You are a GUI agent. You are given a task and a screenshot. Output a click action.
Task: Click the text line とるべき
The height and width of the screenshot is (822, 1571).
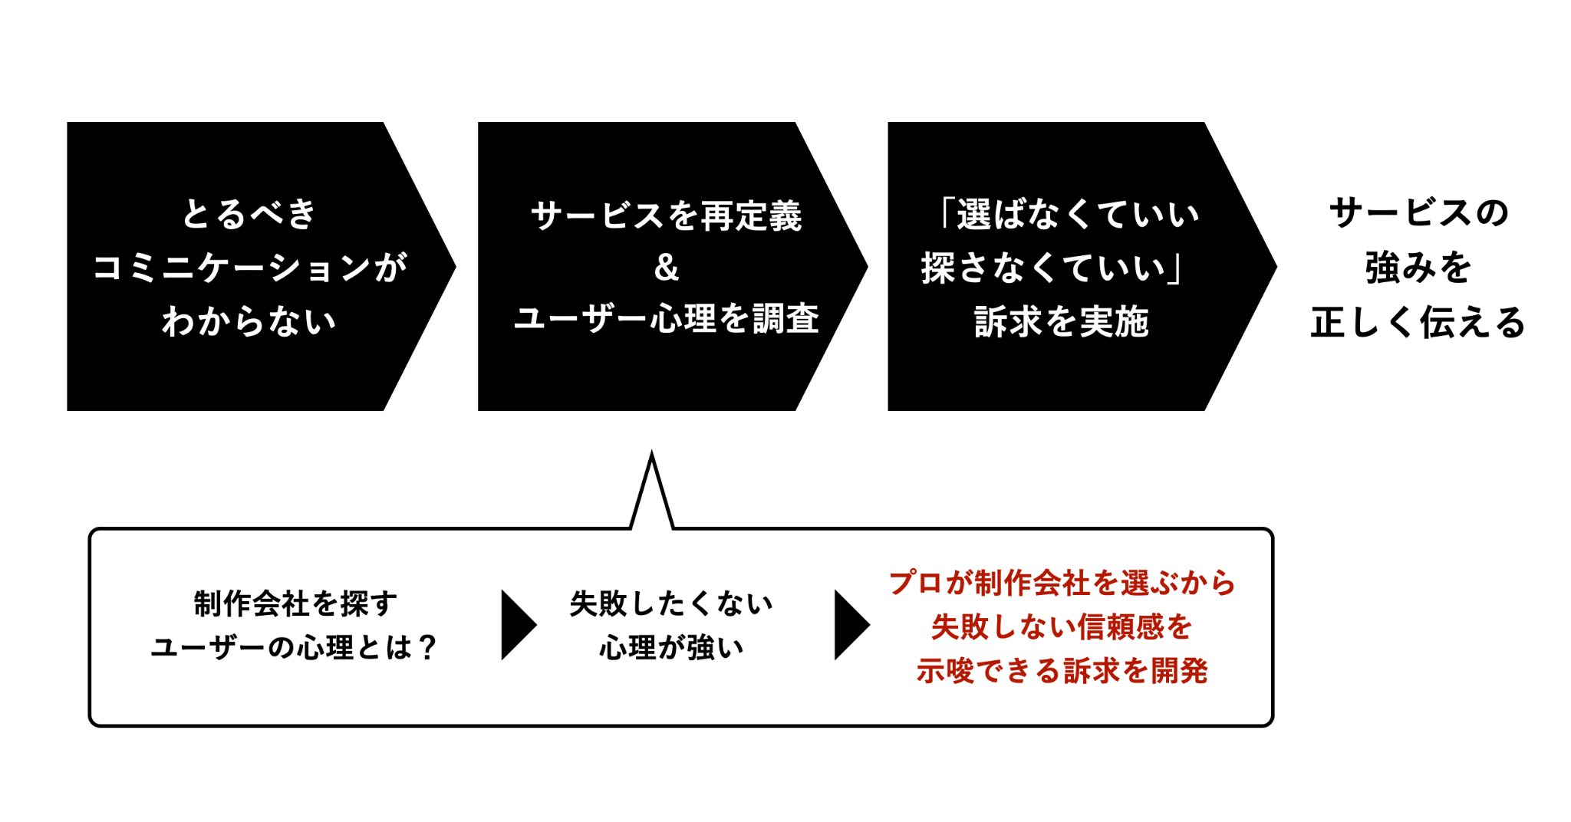coord(249,213)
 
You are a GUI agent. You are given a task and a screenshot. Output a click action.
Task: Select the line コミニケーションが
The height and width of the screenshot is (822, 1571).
coord(250,267)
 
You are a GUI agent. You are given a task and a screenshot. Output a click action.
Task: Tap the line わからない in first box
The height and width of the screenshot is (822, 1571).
coord(249,321)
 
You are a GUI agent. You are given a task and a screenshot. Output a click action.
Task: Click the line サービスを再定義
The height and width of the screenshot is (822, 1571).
coord(666,215)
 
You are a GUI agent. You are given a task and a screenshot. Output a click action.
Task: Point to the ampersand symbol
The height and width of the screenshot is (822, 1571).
coord(666,267)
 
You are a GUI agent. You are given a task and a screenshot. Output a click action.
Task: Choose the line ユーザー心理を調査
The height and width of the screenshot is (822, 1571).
coord(666,318)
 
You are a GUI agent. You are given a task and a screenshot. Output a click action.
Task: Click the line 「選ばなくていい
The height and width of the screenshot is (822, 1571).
coord(1069,213)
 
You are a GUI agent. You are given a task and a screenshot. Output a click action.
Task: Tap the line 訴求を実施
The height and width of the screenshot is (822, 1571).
coord(1062,321)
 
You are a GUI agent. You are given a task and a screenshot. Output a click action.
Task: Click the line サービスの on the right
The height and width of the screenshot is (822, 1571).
coord(1418,212)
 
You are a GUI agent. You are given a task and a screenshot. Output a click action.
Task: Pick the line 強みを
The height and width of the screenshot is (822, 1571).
coord(1418,267)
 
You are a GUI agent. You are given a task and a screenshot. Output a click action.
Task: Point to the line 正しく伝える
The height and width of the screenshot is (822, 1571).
coord(1418,321)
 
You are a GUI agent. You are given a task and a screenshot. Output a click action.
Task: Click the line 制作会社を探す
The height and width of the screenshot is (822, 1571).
coord(295,603)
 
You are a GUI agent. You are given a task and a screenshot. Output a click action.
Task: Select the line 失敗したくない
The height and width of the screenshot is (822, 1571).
coord(671,603)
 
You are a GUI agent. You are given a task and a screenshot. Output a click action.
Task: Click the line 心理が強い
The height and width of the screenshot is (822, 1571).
coord(671,647)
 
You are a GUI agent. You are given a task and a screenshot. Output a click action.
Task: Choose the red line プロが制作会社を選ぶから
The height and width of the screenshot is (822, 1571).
coord(1062,583)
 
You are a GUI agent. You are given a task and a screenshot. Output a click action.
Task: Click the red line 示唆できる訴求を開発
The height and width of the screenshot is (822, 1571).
coord(1062,670)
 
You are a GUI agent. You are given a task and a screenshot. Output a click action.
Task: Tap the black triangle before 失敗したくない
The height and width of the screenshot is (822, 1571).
coord(519,625)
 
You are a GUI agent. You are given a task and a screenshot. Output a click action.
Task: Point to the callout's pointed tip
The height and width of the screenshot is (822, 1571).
coord(651,452)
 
